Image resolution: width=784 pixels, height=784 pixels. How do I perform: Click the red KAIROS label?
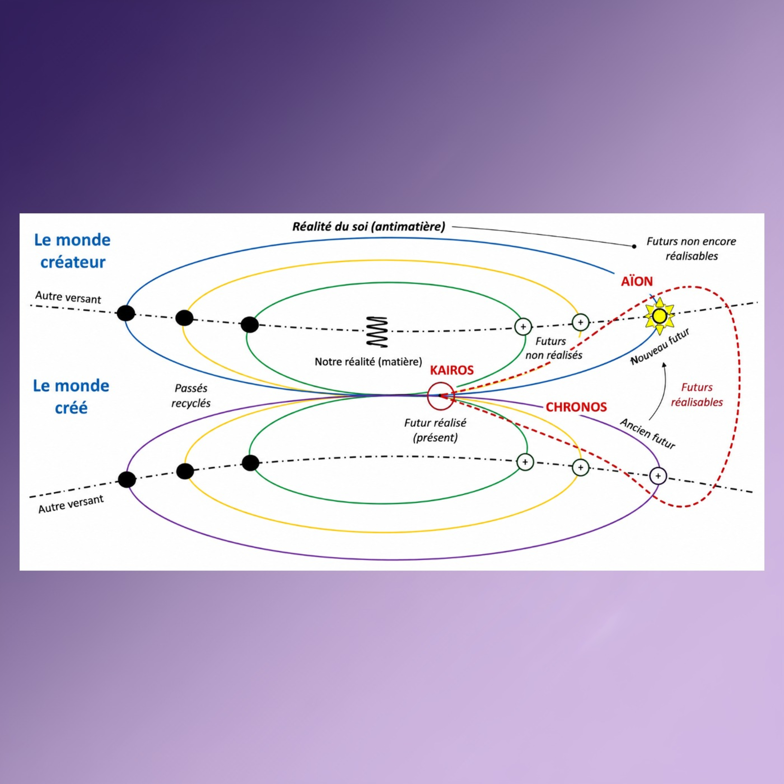pos(452,370)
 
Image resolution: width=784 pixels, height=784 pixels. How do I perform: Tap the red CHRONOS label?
pos(576,407)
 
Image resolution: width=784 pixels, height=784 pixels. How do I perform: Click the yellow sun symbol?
pos(659,316)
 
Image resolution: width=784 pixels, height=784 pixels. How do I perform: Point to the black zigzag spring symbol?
pos(377,332)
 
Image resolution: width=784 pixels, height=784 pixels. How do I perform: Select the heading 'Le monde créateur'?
pos(72,251)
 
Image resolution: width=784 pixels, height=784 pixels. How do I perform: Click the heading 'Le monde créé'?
pos(71,396)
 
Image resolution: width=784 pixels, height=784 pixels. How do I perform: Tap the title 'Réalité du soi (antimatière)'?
pos(368,226)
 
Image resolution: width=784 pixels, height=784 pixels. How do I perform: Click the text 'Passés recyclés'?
pos(191,396)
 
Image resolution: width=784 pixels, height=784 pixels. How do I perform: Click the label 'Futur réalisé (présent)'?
pos(435,430)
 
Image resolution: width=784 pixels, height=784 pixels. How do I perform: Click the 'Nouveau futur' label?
pos(660,347)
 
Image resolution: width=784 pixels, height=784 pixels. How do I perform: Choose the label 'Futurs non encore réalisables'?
pos(691,248)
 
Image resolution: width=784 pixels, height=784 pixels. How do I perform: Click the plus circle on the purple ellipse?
pos(658,476)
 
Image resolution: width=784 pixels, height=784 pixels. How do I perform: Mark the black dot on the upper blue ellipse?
pos(126,313)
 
